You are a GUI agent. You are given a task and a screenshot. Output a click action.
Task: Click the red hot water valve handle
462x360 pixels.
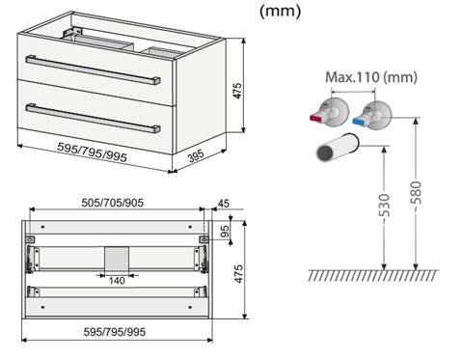(x=316, y=118)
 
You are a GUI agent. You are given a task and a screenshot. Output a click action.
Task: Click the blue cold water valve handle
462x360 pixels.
(x=359, y=122)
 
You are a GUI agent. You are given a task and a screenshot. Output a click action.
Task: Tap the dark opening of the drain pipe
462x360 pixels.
(x=326, y=152)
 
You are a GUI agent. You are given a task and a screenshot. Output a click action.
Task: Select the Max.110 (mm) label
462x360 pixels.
(x=371, y=77)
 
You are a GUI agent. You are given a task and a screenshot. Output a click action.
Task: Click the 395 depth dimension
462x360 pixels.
(x=196, y=156)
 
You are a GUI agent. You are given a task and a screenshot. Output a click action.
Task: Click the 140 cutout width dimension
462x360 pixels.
(x=117, y=281)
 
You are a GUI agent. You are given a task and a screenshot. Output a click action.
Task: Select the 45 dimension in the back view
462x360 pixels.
(x=224, y=204)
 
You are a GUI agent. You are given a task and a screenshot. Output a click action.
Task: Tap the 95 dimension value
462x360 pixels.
(x=226, y=231)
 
